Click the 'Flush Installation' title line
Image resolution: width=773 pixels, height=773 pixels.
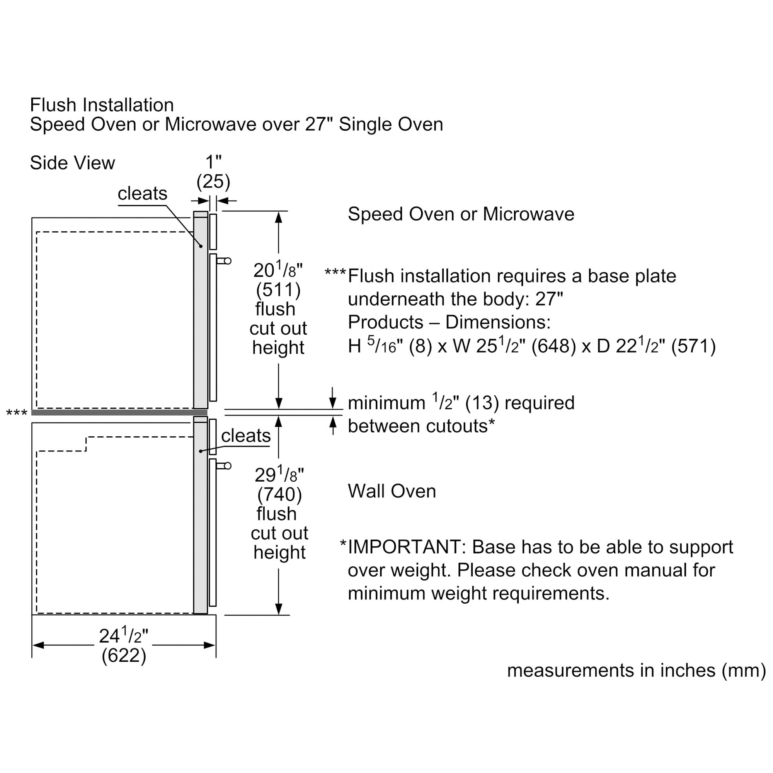pyautogui.click(x=102, y=105)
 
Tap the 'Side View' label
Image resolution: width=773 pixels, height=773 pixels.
pyautogui.click(x=72, y=163)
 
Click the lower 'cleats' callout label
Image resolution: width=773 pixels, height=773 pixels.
pyautogui.click(x=246, y=436)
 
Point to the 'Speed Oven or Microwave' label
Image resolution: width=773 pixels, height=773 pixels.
pyautogui.click(x=461, y=214)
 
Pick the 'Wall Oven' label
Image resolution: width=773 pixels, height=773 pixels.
pyautogui.click(x=392, y=491)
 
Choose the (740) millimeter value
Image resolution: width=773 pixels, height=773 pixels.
pyautogui.click(x=279, y=495)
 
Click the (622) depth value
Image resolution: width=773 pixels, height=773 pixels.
pyautogui.click(x=124, y=656)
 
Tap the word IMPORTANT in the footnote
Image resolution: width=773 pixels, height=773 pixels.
pyautogui.click(x=404, y=547)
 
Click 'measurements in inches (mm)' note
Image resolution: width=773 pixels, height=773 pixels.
pyautogui.click(x=636, y=671)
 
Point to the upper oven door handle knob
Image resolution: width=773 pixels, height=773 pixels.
pyautogui.click(x=228, y=261)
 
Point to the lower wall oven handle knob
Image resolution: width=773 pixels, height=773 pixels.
pyautogui.click(x=228, y=466)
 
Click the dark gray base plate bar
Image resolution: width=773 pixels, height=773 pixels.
pyautogui.click(x=119, y=412)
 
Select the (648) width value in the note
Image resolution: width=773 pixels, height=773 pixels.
pyautogui.click(x=553, y=346)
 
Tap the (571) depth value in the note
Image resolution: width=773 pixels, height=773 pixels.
pyautogui.click(x=693, y=346)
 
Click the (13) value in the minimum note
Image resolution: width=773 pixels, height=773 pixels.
pyautogui.click(x=482, y=403)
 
